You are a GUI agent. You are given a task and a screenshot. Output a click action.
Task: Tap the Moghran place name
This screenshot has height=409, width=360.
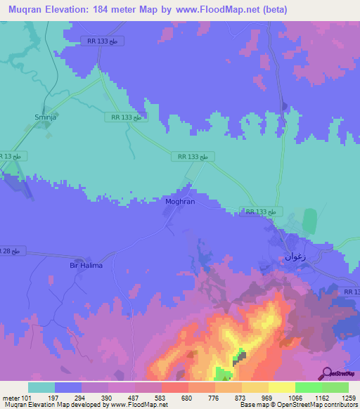click(179, 201)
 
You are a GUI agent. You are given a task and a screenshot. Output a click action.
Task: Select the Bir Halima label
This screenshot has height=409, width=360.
click(86, 265)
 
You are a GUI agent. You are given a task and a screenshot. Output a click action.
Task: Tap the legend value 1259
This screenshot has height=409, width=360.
click(349, 398)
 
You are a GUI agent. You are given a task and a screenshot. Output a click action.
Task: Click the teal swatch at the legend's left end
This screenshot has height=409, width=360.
click(41, 387)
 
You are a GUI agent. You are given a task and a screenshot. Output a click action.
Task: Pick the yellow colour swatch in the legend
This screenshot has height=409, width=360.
click(281, 387)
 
